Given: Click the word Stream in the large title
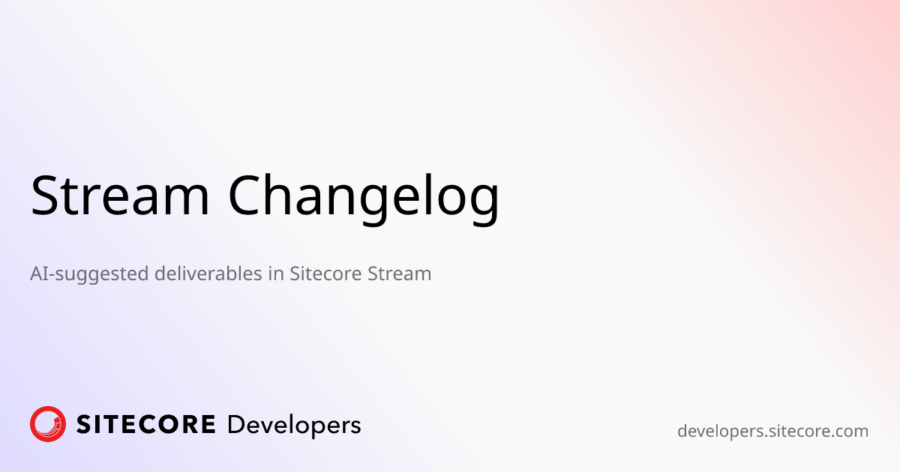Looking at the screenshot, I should pos(120,196).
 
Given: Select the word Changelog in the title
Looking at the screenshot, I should pos(364,197).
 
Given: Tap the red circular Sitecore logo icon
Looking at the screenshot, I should pos(48,425).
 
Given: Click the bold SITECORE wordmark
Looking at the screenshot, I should pos(146,426).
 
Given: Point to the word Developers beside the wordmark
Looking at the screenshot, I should pos(293,426).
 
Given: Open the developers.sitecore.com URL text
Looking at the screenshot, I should pos(772,432).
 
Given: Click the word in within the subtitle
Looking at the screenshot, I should pos(275,273).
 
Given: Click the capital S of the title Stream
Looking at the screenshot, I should pos(45,196).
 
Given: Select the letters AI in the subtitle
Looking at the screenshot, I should pos(38,273).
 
